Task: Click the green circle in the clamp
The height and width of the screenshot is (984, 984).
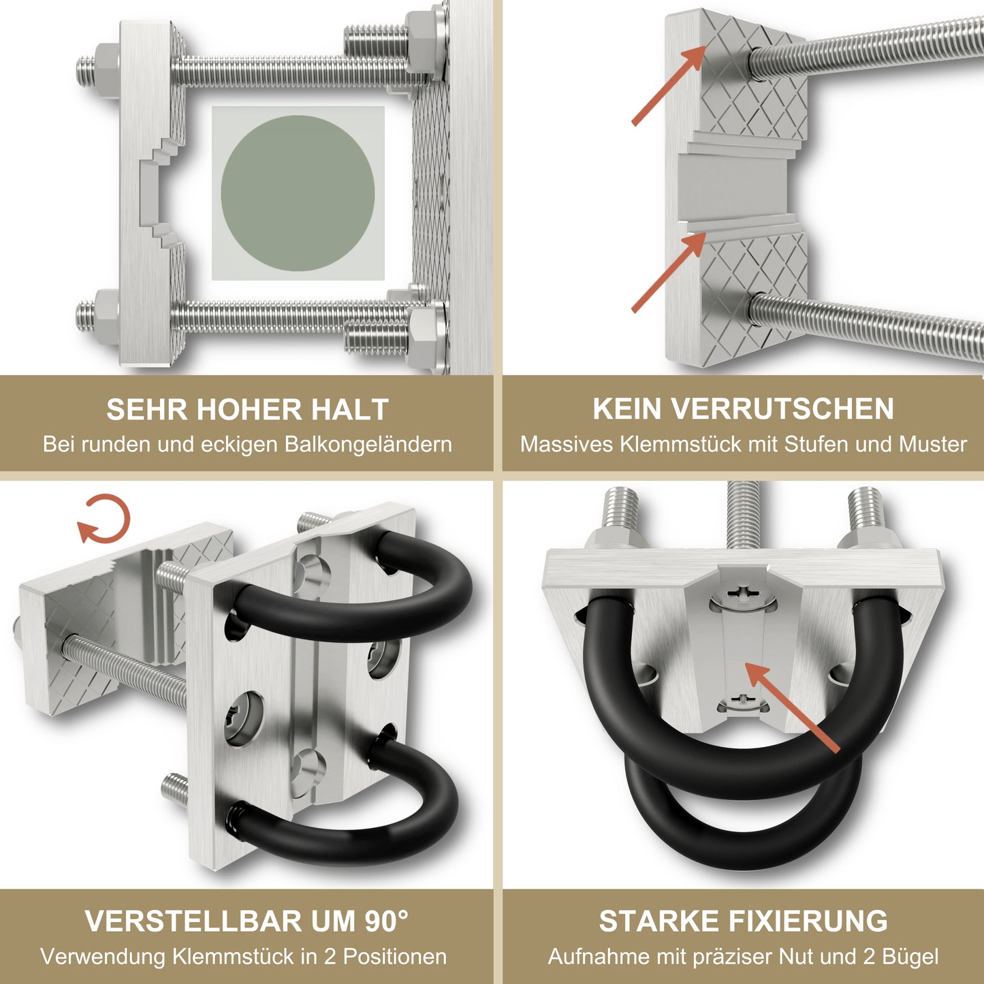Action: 298,193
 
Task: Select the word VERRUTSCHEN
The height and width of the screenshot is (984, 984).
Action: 782,409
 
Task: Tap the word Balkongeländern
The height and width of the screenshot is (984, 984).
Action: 368,445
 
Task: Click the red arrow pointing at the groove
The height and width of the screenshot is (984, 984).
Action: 793,707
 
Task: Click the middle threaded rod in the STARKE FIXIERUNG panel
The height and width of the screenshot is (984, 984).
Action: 743,515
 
